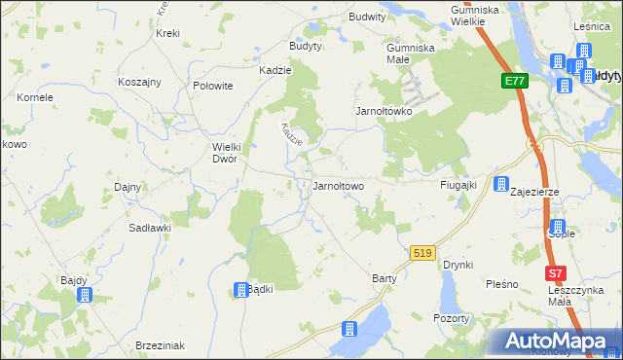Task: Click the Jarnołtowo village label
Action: (337, 185)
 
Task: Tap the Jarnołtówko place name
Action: (384, 111)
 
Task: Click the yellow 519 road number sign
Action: (421, 252)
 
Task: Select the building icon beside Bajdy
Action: (84, 294)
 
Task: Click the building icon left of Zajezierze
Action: (501, 184)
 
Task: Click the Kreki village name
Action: (167, 33)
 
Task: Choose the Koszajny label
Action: (139, 83)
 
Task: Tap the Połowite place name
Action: (213, 86)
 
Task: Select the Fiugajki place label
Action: (457, 184)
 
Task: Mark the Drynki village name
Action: (458, 264)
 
